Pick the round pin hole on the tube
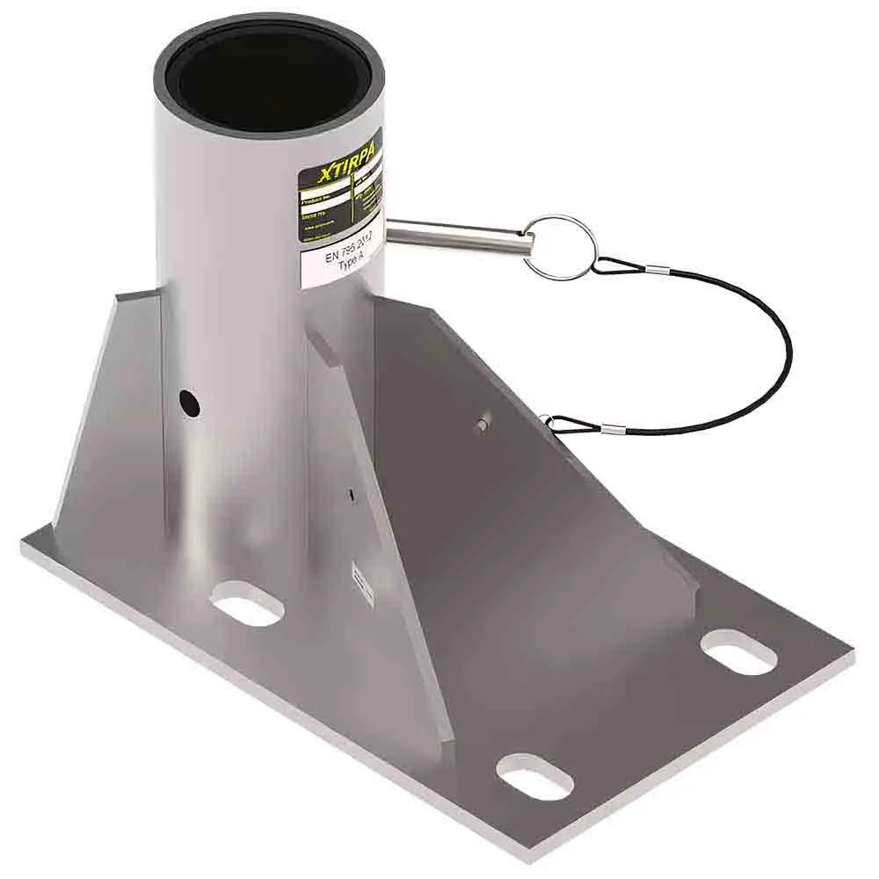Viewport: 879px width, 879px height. (x=188, y=403)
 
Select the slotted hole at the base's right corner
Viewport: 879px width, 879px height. (x=739, y=652)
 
